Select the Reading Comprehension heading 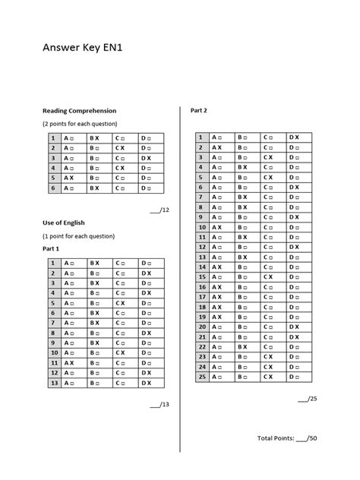pos(79,111)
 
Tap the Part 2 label pos(199,110)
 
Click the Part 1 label pos(51,248)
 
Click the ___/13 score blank pos(159,404)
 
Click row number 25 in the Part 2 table pos(201,376)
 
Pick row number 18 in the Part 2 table pos(201,306)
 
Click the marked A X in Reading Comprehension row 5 pos(69,177)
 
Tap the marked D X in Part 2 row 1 pos(294,137)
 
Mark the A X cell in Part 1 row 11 pos(69,363)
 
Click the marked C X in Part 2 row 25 pos(268,376)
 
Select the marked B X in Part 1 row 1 pos(94,263)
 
